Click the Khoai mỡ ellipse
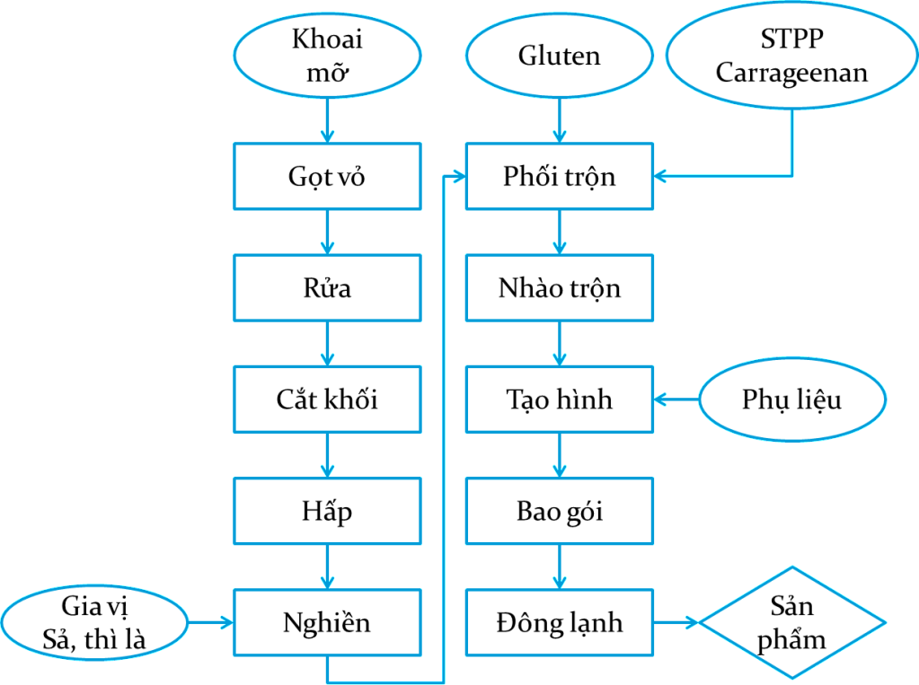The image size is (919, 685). coord(327,56)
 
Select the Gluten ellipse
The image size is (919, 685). coord(559,56)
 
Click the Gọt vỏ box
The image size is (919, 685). coord(327,176)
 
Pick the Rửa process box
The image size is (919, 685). coord(327,287)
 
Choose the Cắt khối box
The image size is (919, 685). coord(327,399)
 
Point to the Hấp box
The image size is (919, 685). coord(327,511)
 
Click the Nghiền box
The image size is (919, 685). coord(327,622)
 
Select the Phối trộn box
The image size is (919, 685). coord(559,176)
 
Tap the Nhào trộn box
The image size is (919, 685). coord(559,287)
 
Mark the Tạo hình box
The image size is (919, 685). coord(559,399)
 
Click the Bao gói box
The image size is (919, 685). coord(559,511)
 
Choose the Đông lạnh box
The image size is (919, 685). coord(559,622)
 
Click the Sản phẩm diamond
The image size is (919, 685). coord(791,622)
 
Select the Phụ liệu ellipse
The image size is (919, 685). coord(791,399)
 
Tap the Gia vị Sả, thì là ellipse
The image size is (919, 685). coord(94,622)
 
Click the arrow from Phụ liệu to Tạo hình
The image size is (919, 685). coord(676,399)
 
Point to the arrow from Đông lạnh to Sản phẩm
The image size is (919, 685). coord(678,622)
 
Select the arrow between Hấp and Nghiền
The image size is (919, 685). coord(327,566)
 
